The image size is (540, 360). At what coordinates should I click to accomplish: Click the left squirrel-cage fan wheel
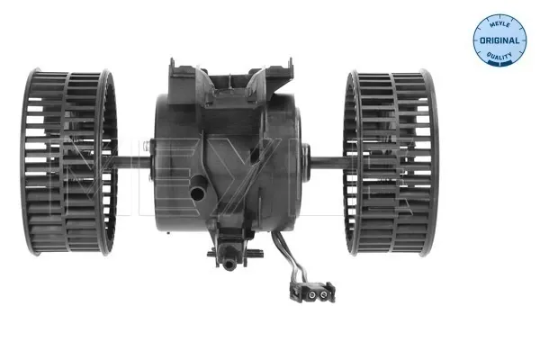[70, 161]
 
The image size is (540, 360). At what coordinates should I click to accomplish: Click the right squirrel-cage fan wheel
[390, 162]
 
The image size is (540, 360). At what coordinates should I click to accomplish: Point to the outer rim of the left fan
[32, 162]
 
